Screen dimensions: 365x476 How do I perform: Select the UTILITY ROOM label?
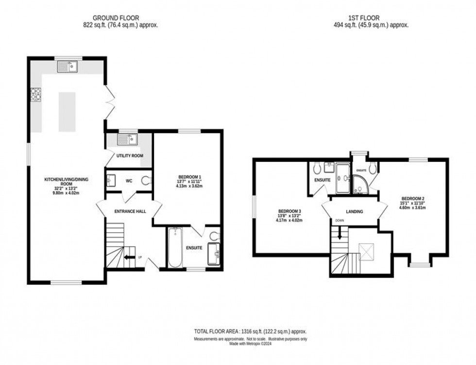tap(129, 156)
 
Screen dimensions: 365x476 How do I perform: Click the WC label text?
tap(129, 181)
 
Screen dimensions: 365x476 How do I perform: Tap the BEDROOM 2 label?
tap(413, 198)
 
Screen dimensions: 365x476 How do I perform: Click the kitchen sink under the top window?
tap(68, 67)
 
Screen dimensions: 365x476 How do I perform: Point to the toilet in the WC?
tap(147, 180)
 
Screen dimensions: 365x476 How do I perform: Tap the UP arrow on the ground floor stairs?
tap(129, 258)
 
